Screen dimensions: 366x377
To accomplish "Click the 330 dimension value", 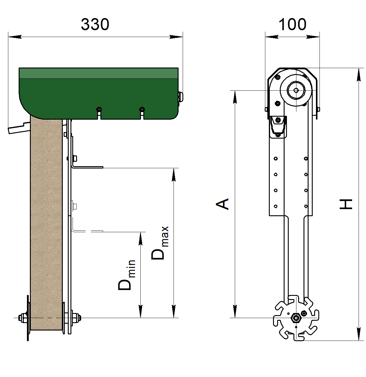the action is click(x=95, y=24).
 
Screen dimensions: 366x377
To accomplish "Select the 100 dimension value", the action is click(x=292, y=24).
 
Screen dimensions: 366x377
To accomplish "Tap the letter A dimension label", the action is click(x=222, y=204).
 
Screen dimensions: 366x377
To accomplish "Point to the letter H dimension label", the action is click(x=346, y=204).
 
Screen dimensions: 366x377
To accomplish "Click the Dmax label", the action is click(x=160, y=243).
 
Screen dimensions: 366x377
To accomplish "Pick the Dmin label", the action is click(x=127, y=275).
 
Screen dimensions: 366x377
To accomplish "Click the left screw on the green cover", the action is click(x=99, y=109).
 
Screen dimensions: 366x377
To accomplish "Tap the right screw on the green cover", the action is click(x=142, y=109).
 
